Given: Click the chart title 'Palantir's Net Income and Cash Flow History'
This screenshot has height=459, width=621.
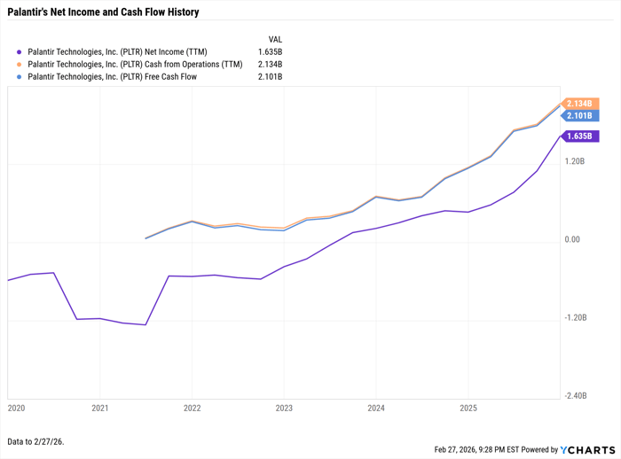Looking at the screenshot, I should click(x=103, y=12).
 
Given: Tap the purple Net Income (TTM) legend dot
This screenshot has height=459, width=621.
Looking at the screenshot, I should click(x=19, y=52).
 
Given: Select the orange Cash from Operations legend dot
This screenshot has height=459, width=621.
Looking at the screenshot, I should click(x=19, y=65).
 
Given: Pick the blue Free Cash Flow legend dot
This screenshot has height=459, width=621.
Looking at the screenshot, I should click(x=19, y=77).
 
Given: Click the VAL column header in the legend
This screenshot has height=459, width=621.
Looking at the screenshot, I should click(x=275, y=40).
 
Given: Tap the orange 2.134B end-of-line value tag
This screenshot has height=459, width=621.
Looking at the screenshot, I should click(x=579, y=104).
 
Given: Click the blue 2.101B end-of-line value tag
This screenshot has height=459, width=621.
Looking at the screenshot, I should click(x=579, y=116).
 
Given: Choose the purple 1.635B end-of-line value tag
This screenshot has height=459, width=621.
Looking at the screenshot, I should click(x=579, y=136).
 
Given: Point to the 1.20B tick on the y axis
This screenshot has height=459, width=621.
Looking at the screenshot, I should click(x=575, y=162).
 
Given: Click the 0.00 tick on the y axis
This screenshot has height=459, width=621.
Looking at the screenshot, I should click(x=572, y=240).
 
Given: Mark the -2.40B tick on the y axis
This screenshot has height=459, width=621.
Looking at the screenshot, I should click(x=575, y=396).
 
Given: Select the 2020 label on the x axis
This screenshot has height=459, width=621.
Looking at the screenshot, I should click(x=17, y=408).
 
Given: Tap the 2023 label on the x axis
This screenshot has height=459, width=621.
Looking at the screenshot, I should click(x=284, y=408).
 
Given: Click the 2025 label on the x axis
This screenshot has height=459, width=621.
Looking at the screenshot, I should click(x=468, y=408).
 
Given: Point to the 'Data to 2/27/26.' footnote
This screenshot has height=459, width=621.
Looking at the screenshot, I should click(x=35, y=441).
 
